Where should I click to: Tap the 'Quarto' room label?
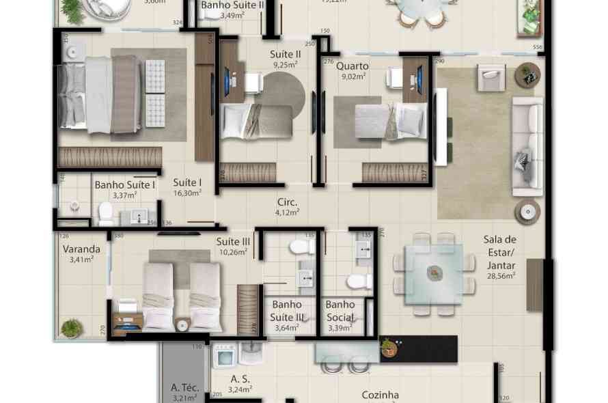353,66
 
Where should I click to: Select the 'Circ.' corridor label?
287,202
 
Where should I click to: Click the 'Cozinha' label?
381,395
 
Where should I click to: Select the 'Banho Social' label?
340,311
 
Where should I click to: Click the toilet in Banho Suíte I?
106,214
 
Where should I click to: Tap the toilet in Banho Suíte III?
301,246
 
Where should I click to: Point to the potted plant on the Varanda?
72,329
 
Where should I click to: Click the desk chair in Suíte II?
253,82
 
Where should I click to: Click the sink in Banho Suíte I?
140,218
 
